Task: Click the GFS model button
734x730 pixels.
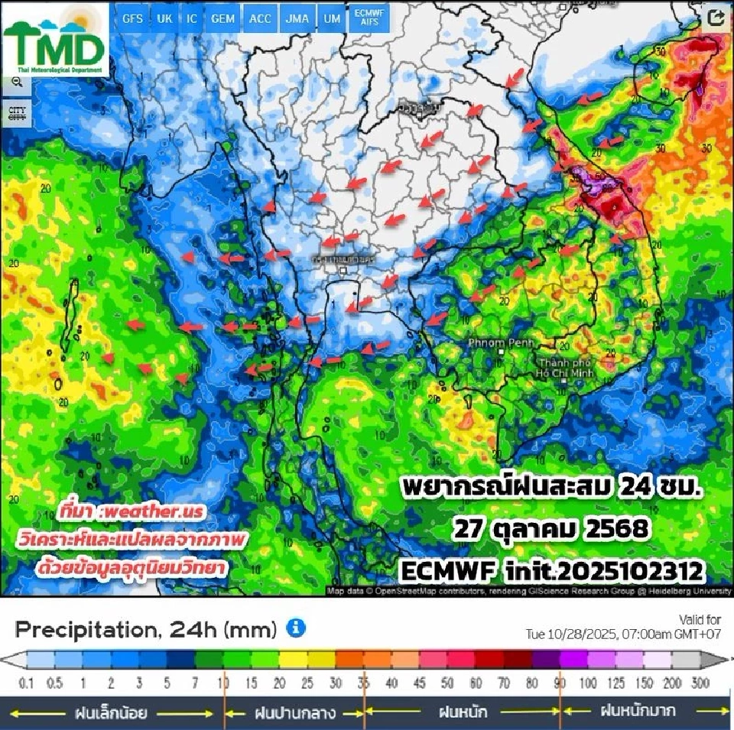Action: click(132, 19)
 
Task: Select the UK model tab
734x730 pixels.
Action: click(164, 19)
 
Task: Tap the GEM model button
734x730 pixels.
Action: click(222, 19)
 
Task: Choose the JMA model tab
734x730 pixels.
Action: click(295, 19)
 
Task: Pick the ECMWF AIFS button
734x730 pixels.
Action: click(369, 19)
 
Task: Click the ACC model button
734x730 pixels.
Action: click(260, 19)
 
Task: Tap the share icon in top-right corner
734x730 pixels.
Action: click(716, 19)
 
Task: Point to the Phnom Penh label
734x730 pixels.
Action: click(494, 343)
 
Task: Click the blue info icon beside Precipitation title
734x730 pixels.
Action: click(296, 628)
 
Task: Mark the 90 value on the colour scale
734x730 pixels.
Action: click(561, 683)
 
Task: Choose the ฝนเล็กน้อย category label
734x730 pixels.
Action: click(111, 713)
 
